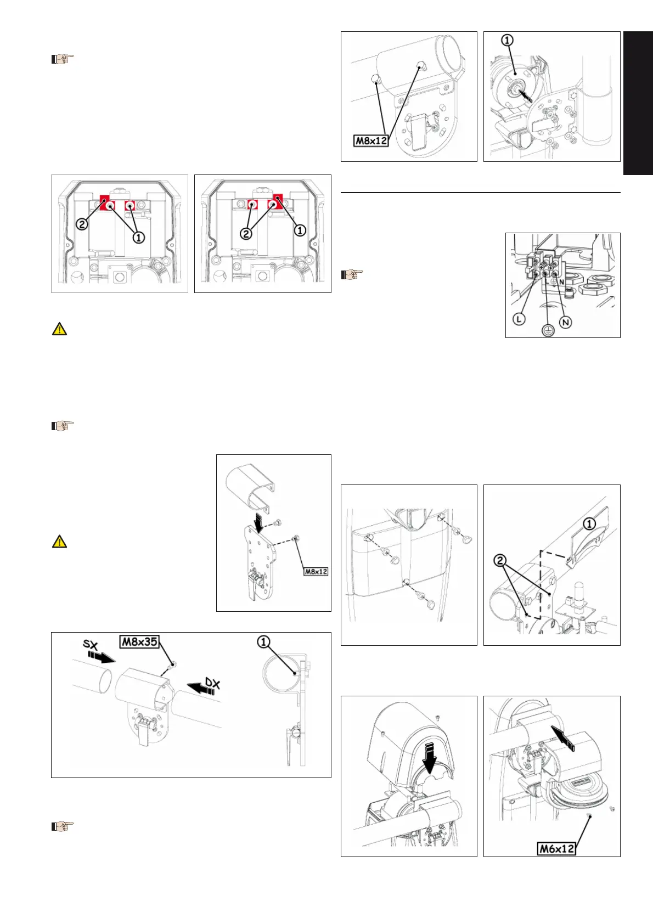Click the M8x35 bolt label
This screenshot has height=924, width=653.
click(x=139, y=641)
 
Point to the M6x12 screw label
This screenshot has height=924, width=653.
click(x=556, y=848)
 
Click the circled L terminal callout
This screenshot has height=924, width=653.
click(x=519, y=319)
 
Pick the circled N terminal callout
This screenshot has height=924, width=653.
click(x=565, y=322)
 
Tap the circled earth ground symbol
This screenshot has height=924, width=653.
click(x=548, y=330)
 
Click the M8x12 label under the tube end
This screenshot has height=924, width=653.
click(x=371, y=140)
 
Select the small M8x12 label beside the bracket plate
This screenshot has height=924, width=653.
click(x=316, y=571)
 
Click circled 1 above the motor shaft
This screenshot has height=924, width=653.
click(x=508, y=40)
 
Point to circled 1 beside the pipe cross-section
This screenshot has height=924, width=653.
click(x=264, y=641)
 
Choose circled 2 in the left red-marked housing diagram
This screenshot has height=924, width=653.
click(x=82, y=224)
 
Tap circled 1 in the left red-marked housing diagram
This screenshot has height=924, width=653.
click(x=139, y=238)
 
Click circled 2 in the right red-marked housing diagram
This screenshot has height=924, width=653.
click(x=246, y=234)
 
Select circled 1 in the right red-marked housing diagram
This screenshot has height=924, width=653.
click(x=300, y=230)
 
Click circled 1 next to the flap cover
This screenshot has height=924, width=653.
click(x=589, y=524)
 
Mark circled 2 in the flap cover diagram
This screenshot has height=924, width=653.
click(x=500, y=560)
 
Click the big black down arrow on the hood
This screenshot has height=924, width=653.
click(x=430, y=757)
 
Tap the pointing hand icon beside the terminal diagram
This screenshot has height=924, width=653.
click(x=352, y=274)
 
